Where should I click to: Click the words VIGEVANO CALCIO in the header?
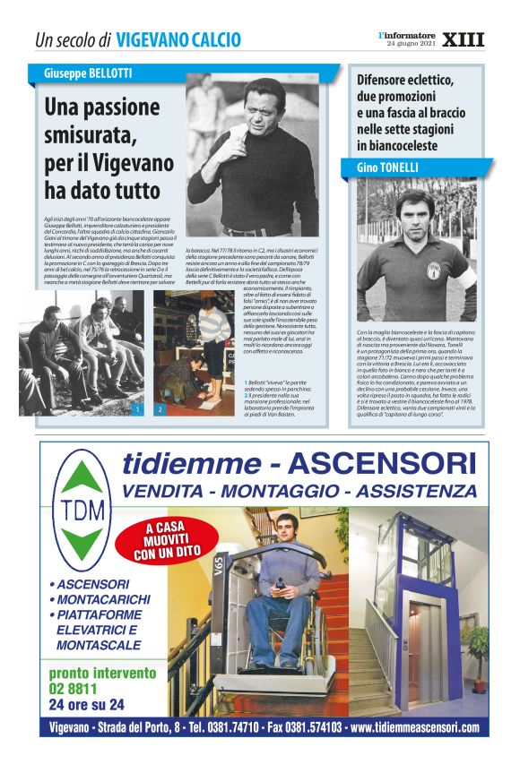coord(178,40)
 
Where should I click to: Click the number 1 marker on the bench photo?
coord(136,409)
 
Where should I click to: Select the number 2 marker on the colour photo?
coord(160,409)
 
